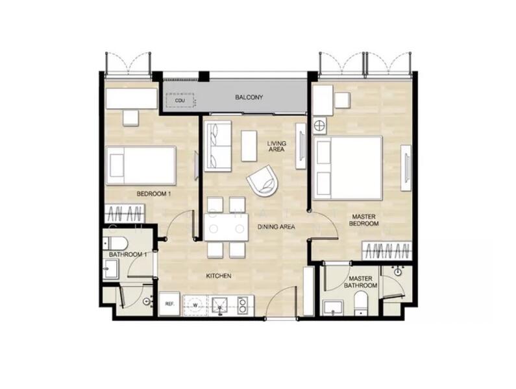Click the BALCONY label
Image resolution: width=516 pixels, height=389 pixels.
[248, 98]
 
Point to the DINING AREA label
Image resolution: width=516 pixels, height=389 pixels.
[276, 227]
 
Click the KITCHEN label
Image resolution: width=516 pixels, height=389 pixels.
[219, 276]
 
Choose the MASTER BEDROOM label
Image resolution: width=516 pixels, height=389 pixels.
[364, 220]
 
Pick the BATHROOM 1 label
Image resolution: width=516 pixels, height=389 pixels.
[128, 255]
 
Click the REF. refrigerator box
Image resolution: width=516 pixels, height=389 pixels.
[169, 303]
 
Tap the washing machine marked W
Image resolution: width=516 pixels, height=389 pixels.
[195, 304]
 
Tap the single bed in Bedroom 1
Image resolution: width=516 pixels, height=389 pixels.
[141, 165]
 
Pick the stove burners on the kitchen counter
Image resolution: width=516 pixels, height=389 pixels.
[243, 304]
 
